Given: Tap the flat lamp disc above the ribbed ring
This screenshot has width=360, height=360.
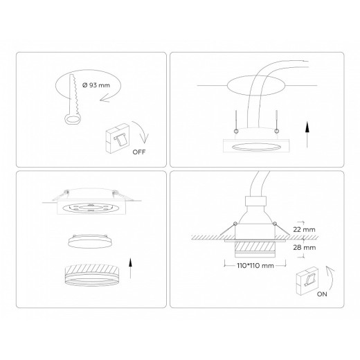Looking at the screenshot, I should [x=90, y=242].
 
